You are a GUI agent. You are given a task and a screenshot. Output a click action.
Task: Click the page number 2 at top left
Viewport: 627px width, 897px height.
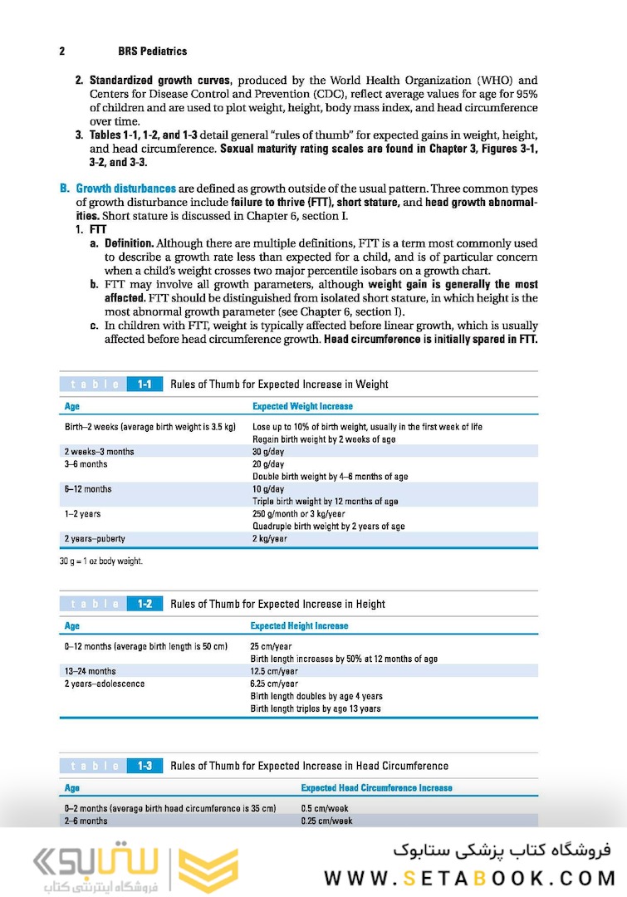click(x=62, y=51)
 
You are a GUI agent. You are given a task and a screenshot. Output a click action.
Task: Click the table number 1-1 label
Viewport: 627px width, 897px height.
click(x=145, y=385)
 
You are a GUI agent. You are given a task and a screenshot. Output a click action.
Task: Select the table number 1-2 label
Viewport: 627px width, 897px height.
click(x=145, y=604)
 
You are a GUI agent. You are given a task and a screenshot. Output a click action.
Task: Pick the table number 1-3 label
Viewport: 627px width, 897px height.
click(x=145, y=766)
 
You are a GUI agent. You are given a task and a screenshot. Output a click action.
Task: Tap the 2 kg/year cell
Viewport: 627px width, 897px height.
click(x=270, y=539)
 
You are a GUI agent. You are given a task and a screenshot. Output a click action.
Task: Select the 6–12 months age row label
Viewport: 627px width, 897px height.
click(x=88, y=489)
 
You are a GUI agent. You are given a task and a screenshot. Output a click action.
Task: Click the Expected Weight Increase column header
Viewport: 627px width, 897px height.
click(x=302, y=406)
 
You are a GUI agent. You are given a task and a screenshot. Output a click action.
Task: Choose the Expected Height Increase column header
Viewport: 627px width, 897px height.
click(x=299, y=625)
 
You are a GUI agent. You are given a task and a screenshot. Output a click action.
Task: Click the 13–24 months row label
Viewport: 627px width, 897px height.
click(x=91, y=671)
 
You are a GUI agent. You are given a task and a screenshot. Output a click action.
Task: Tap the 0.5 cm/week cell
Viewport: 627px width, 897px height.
click(x=326, y=807)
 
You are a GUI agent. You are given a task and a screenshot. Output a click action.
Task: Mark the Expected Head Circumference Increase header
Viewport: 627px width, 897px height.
click(x=376, y=787)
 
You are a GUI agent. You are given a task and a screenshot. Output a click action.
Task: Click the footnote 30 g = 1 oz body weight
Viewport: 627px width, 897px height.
click(x=101, y=561)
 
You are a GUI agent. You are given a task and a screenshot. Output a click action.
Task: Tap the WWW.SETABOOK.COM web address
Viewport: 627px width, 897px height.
click(x=469, y=878)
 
